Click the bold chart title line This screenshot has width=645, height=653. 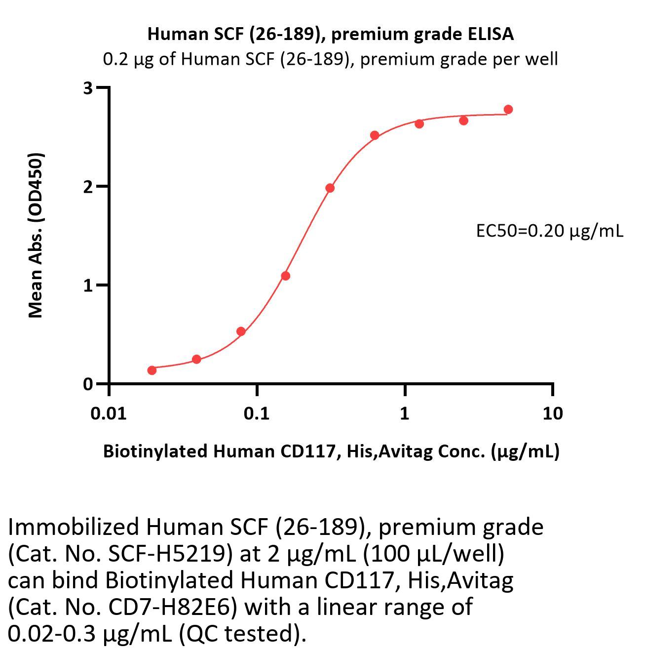pos(330,34)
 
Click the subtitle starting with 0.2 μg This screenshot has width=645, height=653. pos(330,59)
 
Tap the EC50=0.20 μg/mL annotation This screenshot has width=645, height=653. pos(549,230)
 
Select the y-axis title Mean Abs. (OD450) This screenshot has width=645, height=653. pos(36,235)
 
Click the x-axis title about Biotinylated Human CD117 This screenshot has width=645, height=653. pos(331,451)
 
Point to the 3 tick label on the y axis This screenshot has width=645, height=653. pos(88,88)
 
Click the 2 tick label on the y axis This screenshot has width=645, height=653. pos(88,187)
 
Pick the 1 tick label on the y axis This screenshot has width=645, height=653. pos(88,286)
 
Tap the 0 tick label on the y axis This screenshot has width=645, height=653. pos(88,384)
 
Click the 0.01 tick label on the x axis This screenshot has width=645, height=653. pos(108,413)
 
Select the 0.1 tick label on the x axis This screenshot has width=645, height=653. pos(257,413)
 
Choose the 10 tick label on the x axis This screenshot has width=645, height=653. pos(552,413)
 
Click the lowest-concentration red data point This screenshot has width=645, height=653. pos(152,370)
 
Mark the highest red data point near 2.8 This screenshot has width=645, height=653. pos(508,109)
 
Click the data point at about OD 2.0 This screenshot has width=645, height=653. pos(330,188)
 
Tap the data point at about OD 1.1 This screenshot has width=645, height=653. pos(285,276)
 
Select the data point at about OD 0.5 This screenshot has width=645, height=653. pos(241,331)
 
